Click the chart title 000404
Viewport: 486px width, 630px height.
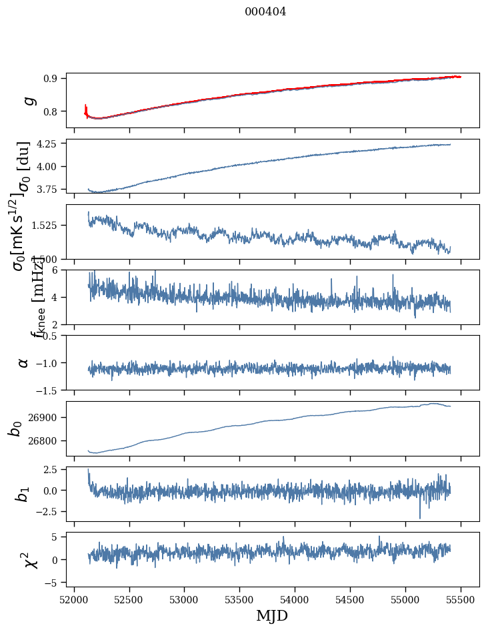pyautogui.click(x=265, y=11)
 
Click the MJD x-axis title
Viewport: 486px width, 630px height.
pyautogui.click(x=272, y=615)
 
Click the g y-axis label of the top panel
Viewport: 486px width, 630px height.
pyautogui.click(x=28, y=100)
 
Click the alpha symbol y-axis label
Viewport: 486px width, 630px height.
pyautogui.click(x=24, y=362)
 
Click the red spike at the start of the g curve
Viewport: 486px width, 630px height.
pyautogui.click(x=86, y=108)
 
